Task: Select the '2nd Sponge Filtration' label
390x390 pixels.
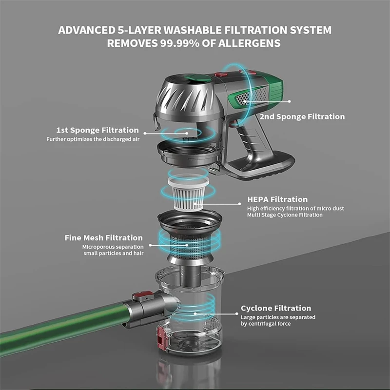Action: (302, 117)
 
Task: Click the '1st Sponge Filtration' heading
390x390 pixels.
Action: (97, 130)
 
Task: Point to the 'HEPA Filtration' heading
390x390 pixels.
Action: (277, 199)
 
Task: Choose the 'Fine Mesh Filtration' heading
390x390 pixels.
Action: (104, 238)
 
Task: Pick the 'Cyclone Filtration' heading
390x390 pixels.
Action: (276, 308)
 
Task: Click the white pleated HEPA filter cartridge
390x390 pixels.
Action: (188, 193)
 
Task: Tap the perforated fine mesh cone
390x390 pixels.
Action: (190, 246)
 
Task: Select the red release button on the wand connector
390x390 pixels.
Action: (142, 296)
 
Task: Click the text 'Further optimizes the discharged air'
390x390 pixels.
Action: (93, 139)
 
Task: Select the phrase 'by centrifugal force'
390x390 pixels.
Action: (266, 324)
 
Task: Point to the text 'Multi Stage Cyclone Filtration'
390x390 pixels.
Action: (285, 215)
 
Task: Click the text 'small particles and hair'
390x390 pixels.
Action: (114, 253)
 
